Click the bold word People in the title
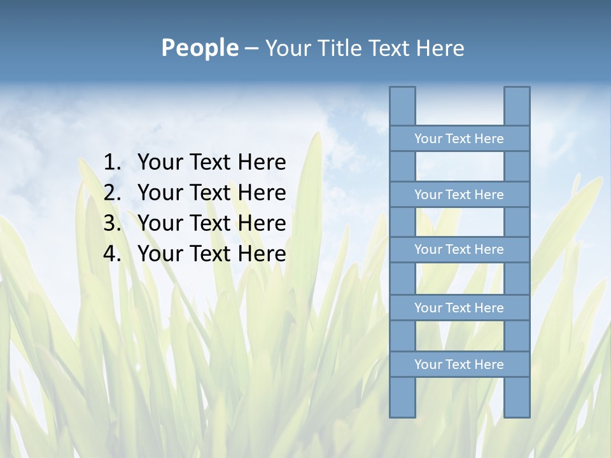199,48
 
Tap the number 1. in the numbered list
112,162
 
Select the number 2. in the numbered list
112,193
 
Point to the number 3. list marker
112,223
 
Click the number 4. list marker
112,254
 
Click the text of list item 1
211,162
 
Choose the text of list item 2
211,193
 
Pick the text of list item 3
211,223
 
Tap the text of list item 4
211,254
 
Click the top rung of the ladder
459,139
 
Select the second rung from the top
459,195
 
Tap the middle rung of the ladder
459,249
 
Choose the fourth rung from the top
459,308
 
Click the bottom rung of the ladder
459,364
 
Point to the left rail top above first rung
402,106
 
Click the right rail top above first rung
517,106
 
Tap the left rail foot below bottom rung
402,397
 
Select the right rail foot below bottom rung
517,397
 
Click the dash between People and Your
251,49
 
